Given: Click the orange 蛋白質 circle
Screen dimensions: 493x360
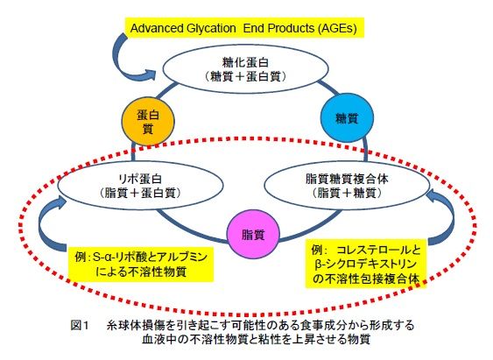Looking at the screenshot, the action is pos(148,122).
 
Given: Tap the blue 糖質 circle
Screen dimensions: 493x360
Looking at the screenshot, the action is pos(347,117).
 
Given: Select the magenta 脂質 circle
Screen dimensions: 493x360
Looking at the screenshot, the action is pos(253,234).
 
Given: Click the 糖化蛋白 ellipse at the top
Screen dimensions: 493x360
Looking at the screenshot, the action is pos(245,69).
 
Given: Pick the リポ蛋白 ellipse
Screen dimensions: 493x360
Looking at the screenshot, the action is pos(140,185).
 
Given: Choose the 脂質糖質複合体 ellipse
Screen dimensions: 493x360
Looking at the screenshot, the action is pos(347,185).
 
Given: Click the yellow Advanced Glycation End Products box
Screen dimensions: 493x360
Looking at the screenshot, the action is pos(244,28).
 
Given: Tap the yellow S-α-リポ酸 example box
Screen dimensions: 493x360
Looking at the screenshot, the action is pos(141,265).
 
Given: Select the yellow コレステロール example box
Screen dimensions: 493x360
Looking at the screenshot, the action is pos(366,264).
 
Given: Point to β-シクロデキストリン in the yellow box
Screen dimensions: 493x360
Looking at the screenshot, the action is pos(365,265).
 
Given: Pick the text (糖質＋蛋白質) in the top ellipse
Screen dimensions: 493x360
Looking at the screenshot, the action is pos(245,76).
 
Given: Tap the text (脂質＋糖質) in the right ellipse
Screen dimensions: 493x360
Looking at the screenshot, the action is pos(347,193).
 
